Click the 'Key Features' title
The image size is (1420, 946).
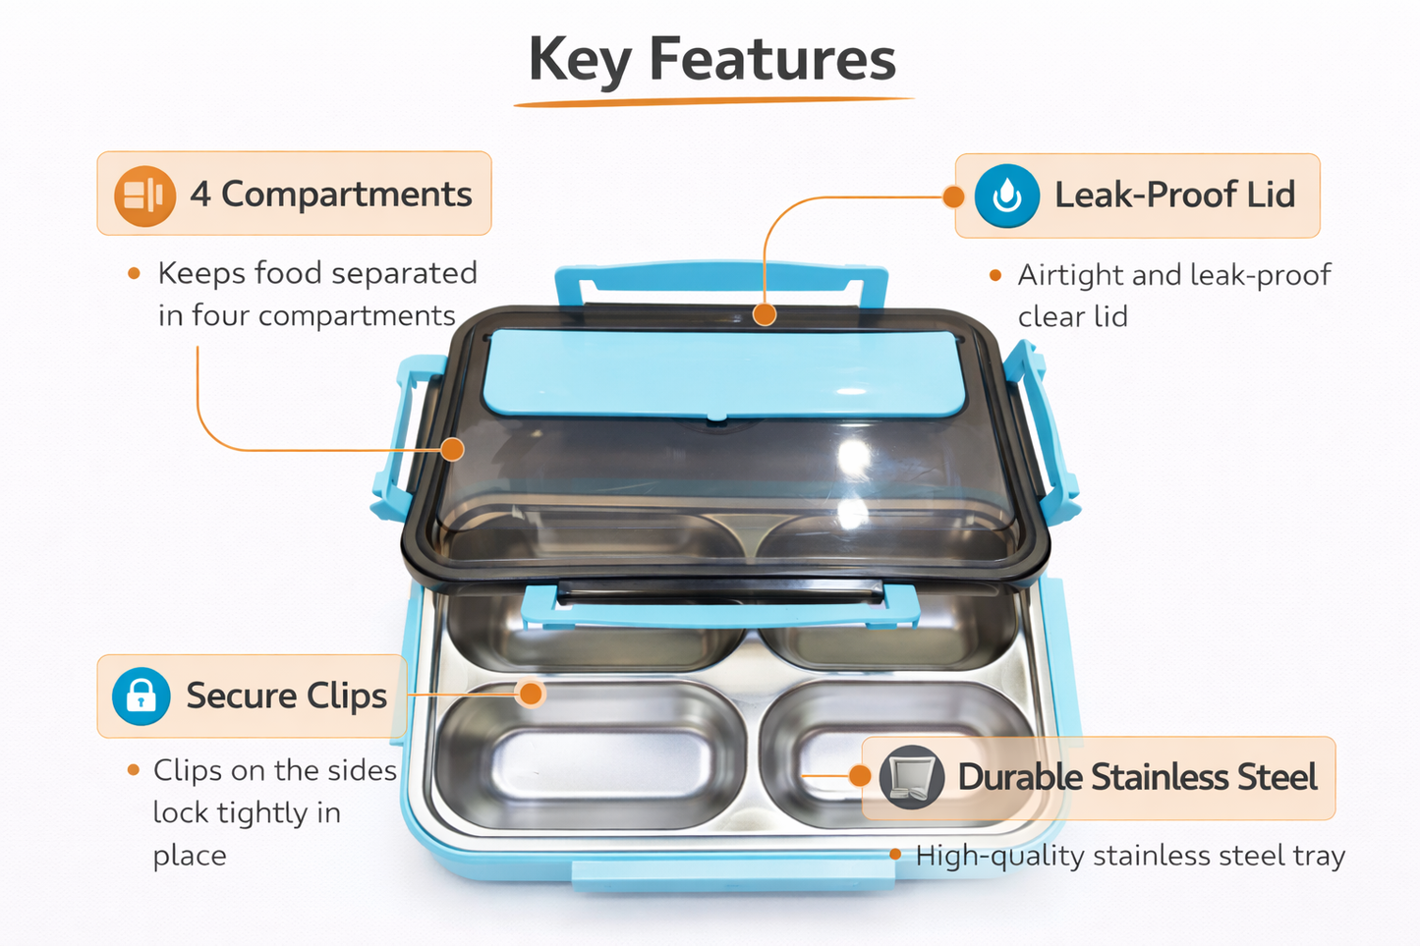(711, 60)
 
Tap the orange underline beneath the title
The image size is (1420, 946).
(713, 101)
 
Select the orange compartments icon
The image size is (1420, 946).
(144, 195)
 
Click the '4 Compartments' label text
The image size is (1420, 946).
(331, 194)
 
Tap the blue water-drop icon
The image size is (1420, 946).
(1006, 195)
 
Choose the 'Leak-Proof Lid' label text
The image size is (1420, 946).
(1174, 194)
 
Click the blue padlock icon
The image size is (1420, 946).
(141, 696)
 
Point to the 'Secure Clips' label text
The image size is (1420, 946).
(287, 696)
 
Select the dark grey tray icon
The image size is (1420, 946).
(912, 777)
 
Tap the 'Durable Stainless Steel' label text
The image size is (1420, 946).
(1137, 777)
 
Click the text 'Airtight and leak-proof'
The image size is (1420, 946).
(1174, 276)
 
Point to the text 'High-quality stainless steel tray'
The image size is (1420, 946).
(1130, 856)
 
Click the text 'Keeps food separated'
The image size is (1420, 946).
(317, 274)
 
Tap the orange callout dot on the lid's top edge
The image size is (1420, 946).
(765, 314)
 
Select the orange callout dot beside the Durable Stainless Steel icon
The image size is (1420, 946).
(860, 775)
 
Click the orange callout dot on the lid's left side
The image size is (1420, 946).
(452, 450)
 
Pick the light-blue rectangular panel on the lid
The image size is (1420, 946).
(723, 374)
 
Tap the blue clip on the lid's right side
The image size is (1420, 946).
(1040, 431)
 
